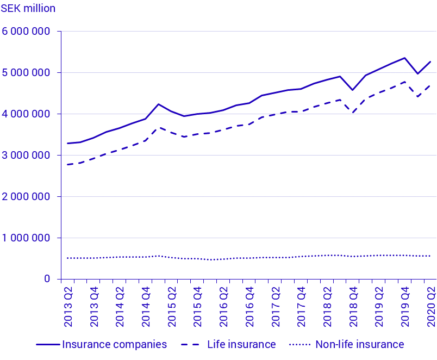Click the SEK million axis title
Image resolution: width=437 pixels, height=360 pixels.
[x=28, y=9]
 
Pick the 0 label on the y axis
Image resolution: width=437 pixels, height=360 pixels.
[x=47, y=279]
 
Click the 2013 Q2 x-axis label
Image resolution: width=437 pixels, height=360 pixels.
[x=68, y=307]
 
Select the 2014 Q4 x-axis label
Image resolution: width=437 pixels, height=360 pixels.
[x=146, y=307]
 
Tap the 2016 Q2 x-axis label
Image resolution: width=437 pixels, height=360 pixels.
[x=224, y=307]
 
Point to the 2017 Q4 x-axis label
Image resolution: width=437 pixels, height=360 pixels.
[x=302, y=307]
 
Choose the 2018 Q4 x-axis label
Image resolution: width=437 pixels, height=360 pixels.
[x=353, y=307]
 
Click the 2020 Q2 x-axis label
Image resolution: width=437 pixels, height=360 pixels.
[x=431, y=307]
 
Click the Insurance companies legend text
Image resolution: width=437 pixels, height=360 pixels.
[x=114, y=344]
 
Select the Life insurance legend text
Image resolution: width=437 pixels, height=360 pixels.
[x=241, y=344]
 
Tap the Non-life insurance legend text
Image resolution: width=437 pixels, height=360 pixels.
[x=359, y=344]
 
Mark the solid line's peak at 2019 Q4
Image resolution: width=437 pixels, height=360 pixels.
[x=405, y=58]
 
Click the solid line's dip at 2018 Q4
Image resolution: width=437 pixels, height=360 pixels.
[x=353, y=90]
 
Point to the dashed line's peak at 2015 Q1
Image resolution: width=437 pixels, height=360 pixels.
[x=158, y=127]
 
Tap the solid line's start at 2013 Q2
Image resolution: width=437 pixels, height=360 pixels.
[x=67, y=144]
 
